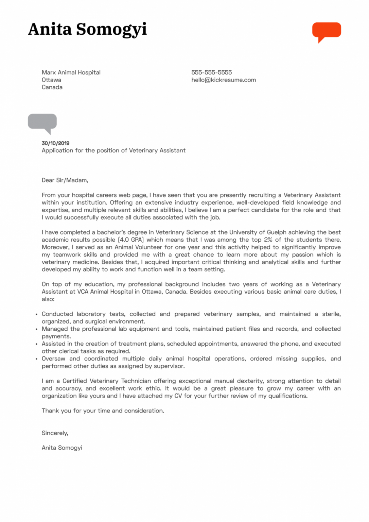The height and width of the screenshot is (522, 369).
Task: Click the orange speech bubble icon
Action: coord(327,31)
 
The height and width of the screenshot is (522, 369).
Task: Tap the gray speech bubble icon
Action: coord(42,122)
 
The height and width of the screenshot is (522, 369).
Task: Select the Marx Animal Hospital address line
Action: coord(71,72)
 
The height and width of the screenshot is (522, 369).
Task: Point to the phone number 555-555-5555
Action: coord(211,72)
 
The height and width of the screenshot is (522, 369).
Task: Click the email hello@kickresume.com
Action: coord(224,80)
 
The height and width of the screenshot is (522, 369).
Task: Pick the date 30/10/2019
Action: coord(55,143)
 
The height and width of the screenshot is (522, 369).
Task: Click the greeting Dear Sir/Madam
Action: coord(65,180)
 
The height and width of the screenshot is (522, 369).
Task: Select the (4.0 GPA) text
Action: coord(131,240)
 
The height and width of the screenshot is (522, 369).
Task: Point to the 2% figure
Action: coord(268,240)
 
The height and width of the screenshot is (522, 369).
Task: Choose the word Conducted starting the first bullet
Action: coord(57,314)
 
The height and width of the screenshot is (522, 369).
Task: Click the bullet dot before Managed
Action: coord(36,329)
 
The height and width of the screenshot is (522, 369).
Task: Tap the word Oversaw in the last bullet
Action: coord(53,359)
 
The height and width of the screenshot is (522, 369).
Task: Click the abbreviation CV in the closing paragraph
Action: coord(178,396)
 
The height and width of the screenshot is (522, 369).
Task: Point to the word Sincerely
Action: coord(55,433)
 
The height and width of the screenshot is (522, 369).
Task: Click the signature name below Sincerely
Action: coord(62,448)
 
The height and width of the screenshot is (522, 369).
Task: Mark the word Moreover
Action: coord(55,247)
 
